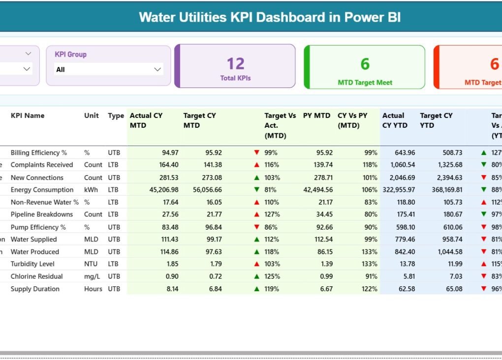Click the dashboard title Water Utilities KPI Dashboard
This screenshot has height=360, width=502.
click(x=270, y=17)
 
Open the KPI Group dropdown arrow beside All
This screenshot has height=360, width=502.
click(x=157, y=69)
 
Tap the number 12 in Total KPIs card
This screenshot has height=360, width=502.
click(x=235, y=63)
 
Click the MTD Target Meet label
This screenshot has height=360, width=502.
click(x=365, y=83)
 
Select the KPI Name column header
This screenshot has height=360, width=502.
click(x=28, y=116)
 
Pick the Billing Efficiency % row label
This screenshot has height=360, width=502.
click(x=39, y=152)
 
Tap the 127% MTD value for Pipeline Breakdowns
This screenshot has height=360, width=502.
click(x=272, y=214)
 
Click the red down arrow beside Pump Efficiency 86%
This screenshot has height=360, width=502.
click(x=256, y=227)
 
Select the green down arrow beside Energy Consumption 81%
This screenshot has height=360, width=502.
click(x=256, y=190)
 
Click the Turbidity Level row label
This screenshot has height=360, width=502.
click(x=32, y=264)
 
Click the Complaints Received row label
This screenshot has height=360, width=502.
click(x=42, y=165)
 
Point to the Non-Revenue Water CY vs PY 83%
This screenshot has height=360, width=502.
click(x=370, y=202)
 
